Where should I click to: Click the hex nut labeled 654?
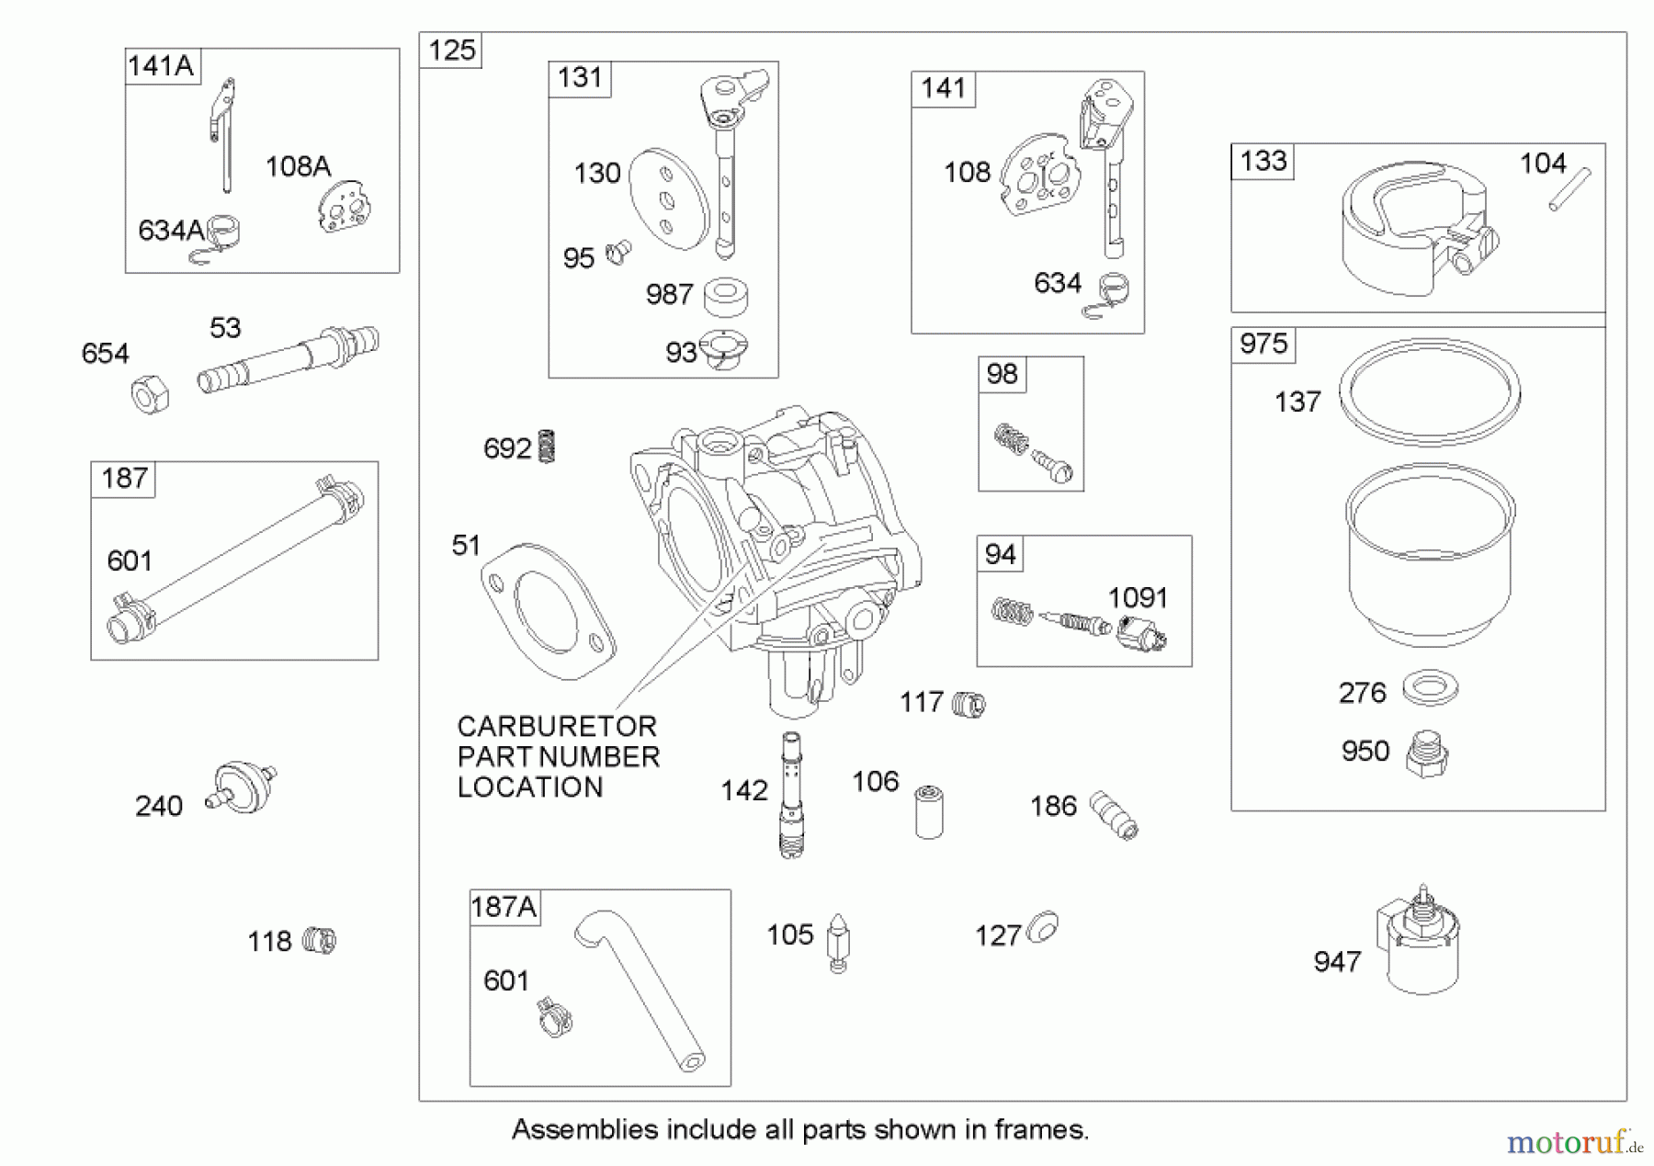click(150, 396)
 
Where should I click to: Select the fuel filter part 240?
click(243, 787)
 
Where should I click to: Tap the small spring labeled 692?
click(546, 447)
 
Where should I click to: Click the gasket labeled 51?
click(548, 610)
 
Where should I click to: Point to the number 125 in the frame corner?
click(451, 51)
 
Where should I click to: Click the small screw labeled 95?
click(618, 252)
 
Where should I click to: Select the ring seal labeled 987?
click(725, 296)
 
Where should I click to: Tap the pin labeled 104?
click(1569, 189)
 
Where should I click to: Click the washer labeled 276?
click(1430, 688)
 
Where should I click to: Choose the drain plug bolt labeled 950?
click(1426, 755)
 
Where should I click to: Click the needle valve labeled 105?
click(838, 943)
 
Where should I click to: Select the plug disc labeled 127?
click(1043, 928)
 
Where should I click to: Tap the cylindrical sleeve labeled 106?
click(929, 810)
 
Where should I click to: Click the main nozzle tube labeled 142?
click(790, 794)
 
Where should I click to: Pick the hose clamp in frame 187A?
click(554, 1017)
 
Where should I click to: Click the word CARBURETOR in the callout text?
click(556, 727)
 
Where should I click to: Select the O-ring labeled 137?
click(1429, 391)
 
